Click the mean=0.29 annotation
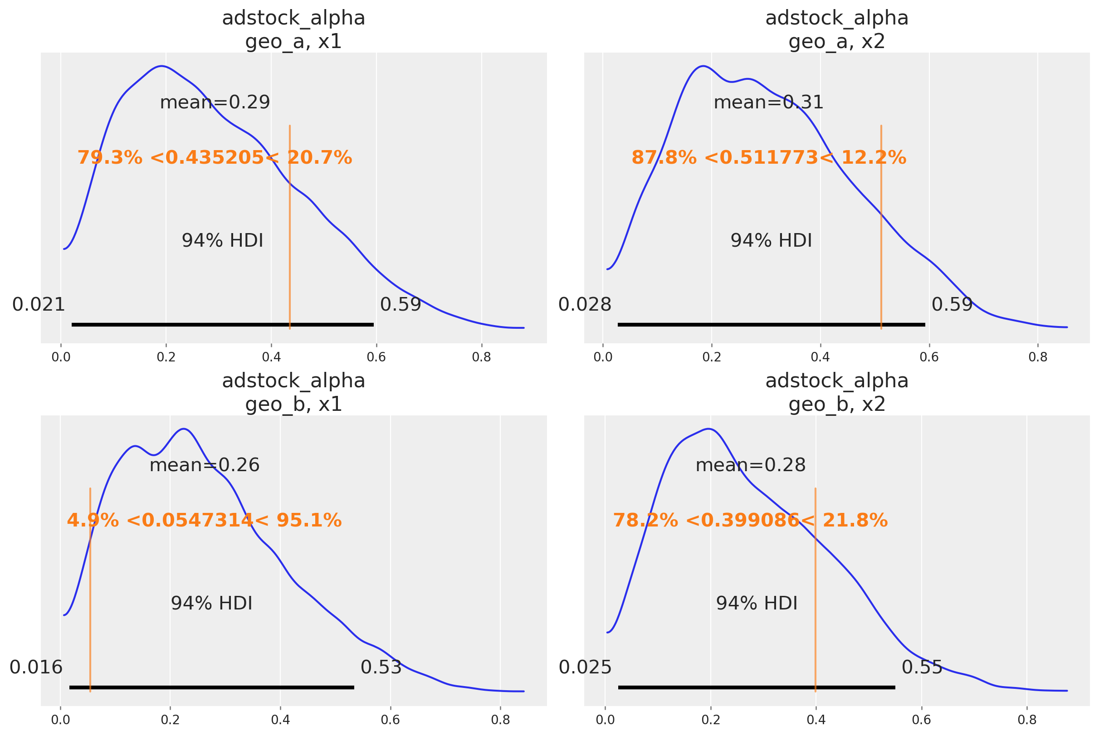(215, 102)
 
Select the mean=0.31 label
(768, 102)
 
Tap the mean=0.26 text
(204, 465)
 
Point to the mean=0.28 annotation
(750, 465)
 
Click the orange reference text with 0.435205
(215, 158)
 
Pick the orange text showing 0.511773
(768, 158)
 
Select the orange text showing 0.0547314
(204, 521)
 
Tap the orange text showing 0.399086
(750, 521)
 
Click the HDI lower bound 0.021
(39, 305)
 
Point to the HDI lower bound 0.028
(585, 305)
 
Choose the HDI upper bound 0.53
(381, 667)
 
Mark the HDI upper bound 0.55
(922, 667)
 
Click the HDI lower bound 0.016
(36, 667)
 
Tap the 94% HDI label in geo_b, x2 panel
(756, 603)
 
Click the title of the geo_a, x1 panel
(293, 30)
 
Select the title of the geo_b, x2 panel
(836, 392)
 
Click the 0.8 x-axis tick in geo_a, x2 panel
(1037, 357)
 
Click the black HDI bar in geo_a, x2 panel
(771, 324)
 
